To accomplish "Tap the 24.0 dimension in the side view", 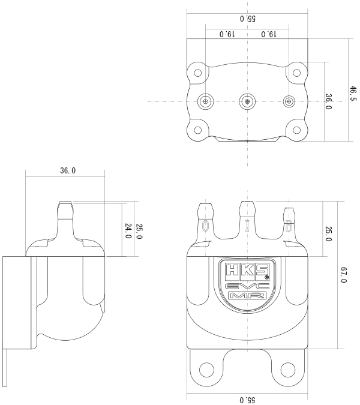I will click(x=128, y=231).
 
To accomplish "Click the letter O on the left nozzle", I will click(x=206, y=226).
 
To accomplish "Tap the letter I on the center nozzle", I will click(x=247, y=226).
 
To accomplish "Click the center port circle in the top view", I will click(x=247, y=101).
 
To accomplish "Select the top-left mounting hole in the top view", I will click(x=197, y=73).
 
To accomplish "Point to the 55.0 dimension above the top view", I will click(x=247, y=19).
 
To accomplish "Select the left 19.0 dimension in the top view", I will click(x=226, y=34).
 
